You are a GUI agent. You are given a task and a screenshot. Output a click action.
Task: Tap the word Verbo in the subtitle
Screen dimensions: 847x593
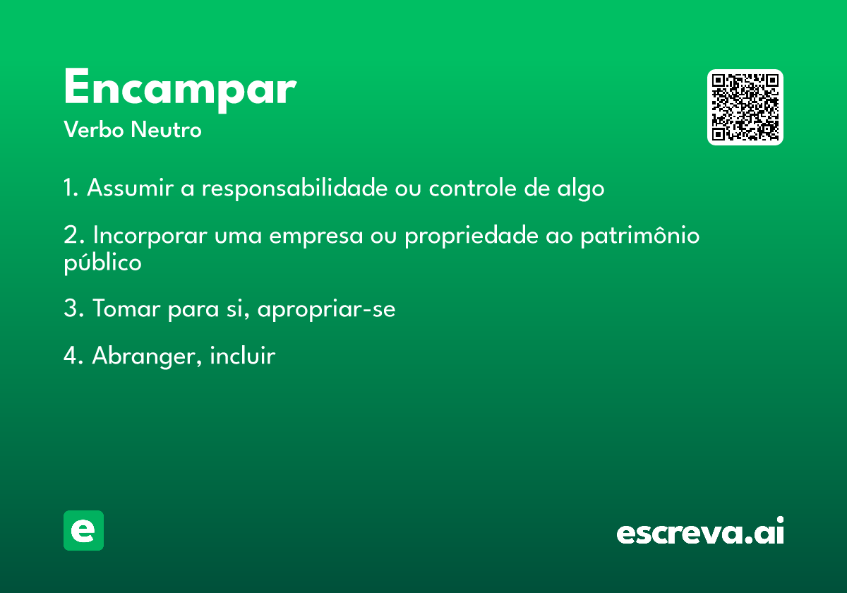point(94,129)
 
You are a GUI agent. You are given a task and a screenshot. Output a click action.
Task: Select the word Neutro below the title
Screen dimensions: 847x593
point(166,129)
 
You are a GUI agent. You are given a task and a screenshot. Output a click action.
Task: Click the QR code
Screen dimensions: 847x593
point(745,107)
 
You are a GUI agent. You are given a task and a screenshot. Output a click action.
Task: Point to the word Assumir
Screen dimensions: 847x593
point(131,188)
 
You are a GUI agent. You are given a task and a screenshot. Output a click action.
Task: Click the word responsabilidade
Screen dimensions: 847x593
point(295,188)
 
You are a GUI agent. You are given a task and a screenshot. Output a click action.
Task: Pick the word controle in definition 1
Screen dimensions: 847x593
point(473,188)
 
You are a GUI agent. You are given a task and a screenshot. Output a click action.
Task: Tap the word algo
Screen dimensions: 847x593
point(581,188)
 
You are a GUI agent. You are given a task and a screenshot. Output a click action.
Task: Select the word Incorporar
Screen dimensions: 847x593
point(150,235)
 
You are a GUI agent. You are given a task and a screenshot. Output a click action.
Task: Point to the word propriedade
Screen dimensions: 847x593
point(471,235)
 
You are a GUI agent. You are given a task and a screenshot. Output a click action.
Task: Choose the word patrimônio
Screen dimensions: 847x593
point(640,235)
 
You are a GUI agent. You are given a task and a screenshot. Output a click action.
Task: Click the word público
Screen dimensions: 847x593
point(102,263)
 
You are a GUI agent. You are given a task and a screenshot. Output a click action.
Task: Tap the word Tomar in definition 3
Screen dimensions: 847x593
point(126,309)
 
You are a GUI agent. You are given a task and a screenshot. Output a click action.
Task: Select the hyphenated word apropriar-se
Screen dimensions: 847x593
point(326,309)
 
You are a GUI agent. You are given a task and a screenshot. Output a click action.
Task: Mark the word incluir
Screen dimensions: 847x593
point(243,356)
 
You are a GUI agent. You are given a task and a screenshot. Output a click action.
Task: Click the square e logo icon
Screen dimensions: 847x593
point(83,530)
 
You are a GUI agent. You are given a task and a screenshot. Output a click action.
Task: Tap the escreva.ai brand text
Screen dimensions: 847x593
point(700,530)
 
